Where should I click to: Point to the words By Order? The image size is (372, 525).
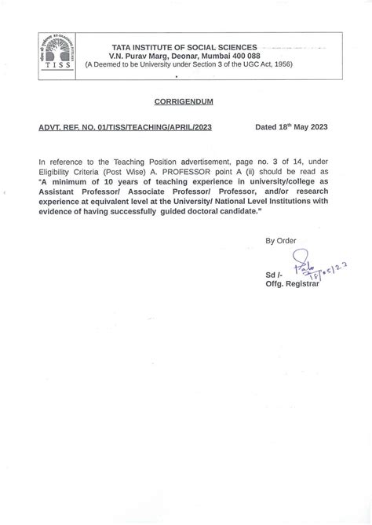pyautogui.click(x=281, y=240)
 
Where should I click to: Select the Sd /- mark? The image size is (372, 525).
pyautogui.click(x=275, y=277)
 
